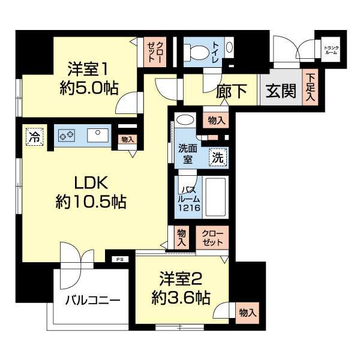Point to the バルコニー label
[x=93, y=301]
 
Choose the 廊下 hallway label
[x=232, y=91]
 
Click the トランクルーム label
[x=330, y=51]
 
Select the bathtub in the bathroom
[x=215, y=197]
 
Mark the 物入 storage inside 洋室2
[x=248, y=312]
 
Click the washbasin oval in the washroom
[x=186, y=119]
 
